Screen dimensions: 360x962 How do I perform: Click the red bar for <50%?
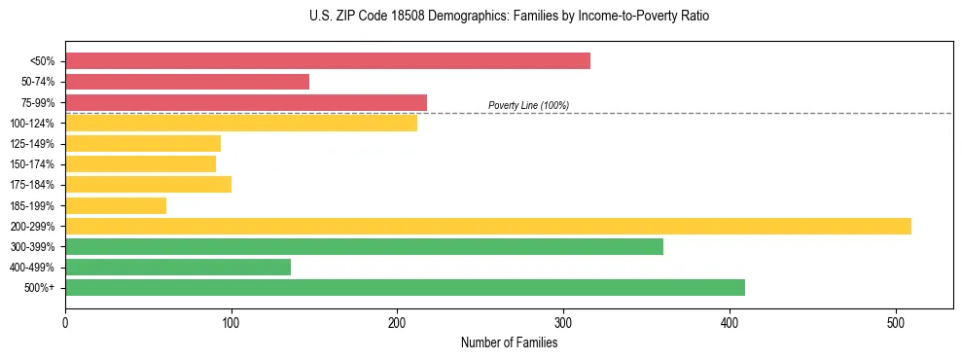coord(328,61)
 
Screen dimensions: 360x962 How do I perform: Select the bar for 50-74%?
coord(187,82)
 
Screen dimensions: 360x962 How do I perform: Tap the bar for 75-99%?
coord(246,102)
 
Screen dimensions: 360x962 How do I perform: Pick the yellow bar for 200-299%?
coord(488,226)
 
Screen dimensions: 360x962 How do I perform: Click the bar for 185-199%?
coord(116,205)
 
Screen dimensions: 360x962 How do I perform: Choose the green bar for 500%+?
coord(405,287)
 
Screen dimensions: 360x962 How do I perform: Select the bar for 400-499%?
coord(178,267)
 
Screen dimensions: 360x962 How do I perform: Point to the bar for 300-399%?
coord(364,246)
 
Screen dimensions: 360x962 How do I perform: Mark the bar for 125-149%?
coord(143,143)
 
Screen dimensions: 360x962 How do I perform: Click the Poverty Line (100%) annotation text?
coord(528,105)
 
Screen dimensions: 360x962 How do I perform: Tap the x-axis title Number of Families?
coord(510,342)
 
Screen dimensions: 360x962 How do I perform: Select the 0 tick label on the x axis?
coord(65,321)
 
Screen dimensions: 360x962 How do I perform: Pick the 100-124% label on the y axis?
coord(32,124)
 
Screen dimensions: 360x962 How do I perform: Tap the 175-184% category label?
coord(32,185)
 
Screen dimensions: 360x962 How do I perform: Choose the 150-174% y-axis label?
coord(32,164)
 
